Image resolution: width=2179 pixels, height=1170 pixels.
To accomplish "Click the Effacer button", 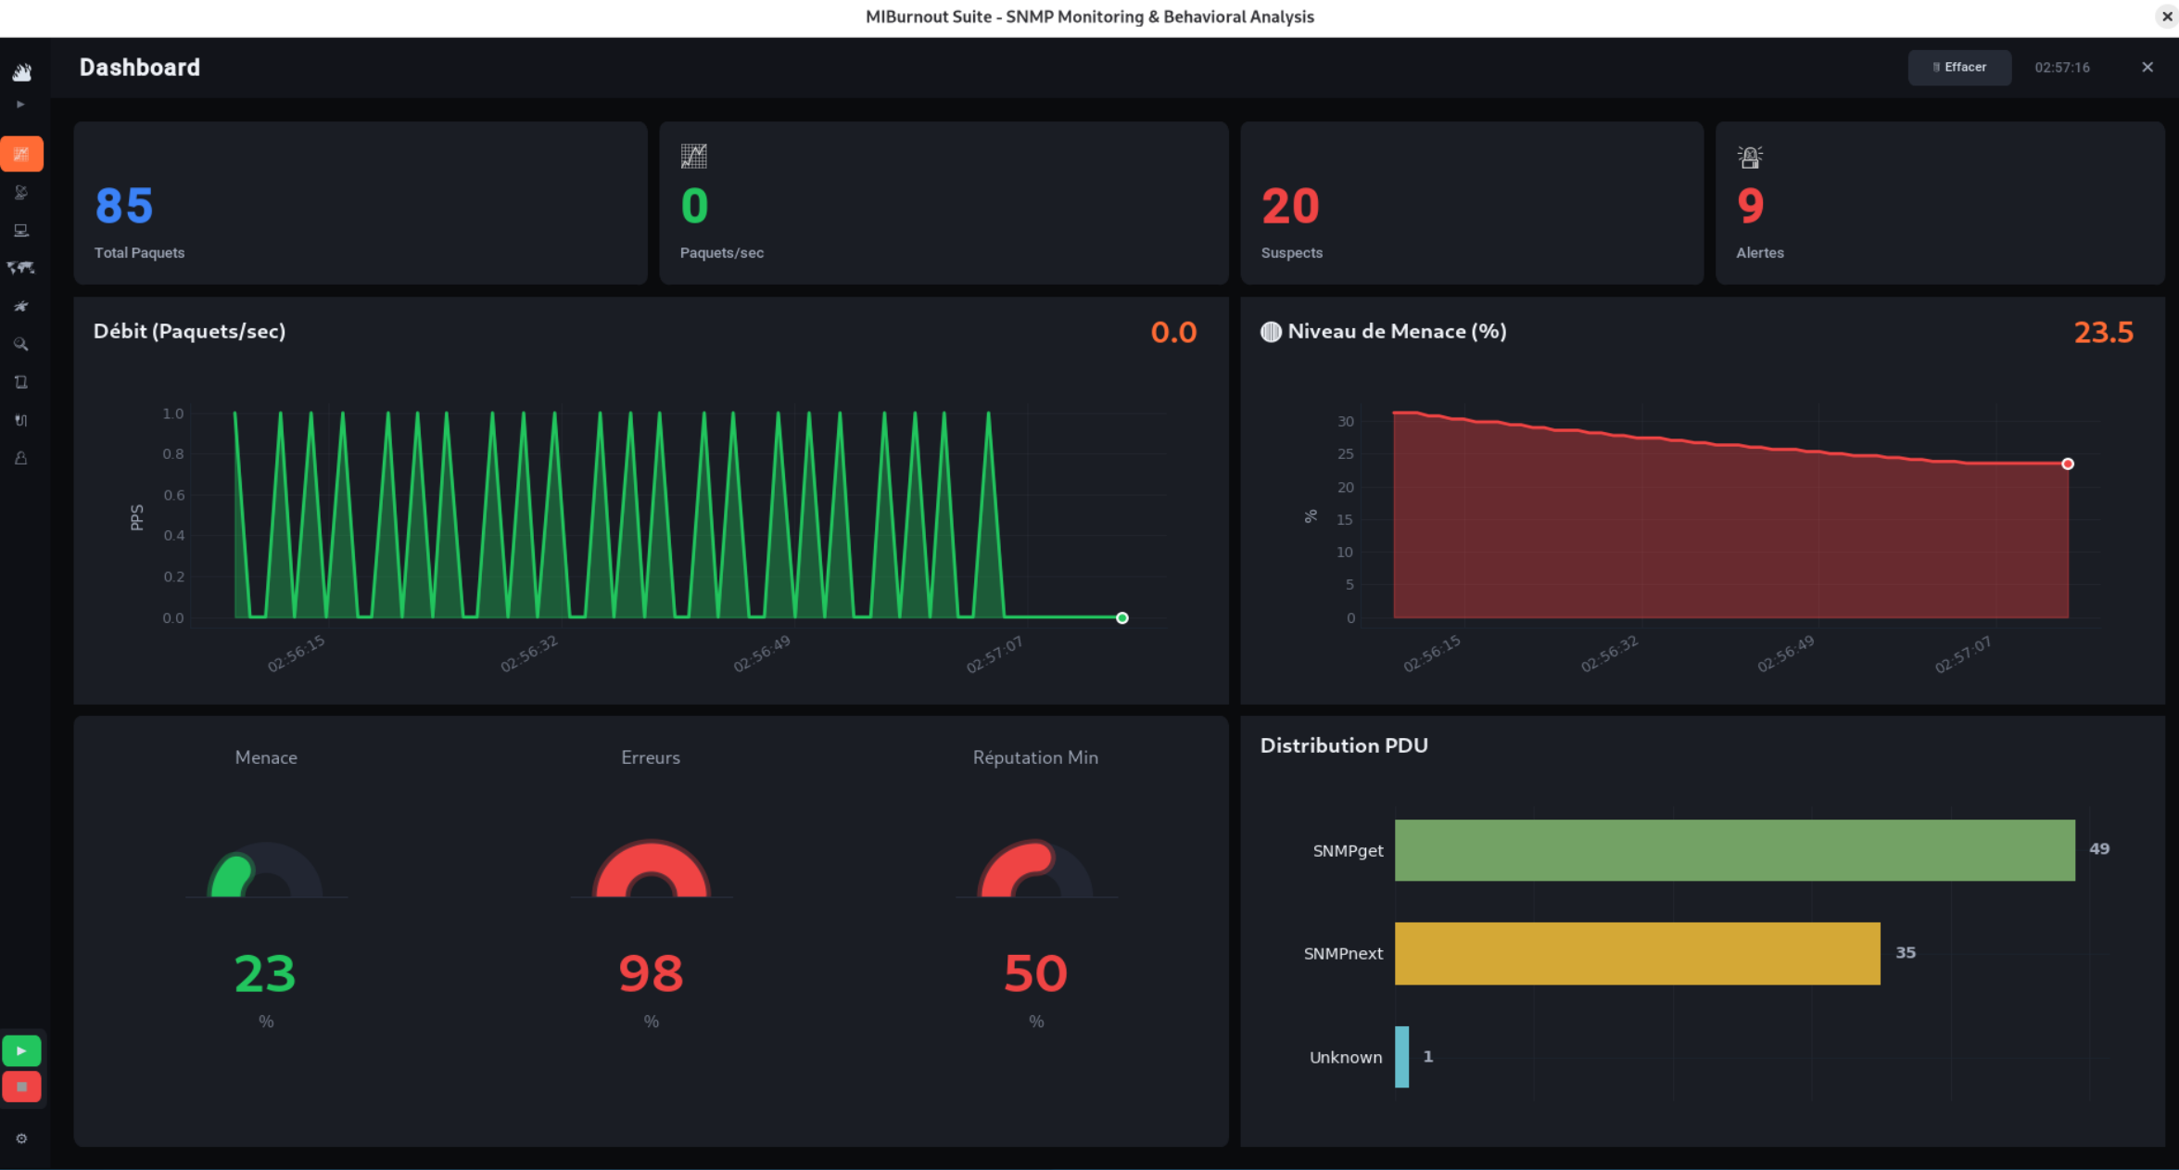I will coord(1958,67).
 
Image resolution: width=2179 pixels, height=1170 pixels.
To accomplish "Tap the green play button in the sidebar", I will coord(21,1050).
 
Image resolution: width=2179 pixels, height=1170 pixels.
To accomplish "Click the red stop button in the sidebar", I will coord(21,1087).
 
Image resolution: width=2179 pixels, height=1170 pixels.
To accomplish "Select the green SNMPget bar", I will coord(1734,850).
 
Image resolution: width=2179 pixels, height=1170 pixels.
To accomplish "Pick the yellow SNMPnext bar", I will coord(1637,953).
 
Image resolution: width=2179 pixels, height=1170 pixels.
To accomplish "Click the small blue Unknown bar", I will coord(1401,1057).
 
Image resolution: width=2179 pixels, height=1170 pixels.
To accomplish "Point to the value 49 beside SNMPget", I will coord(2099,848).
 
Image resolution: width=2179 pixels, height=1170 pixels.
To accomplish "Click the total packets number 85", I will coord(124,206).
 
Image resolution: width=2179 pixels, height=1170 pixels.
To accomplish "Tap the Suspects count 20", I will coord(1289,206).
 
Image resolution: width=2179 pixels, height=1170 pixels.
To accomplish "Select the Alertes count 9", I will coord(1750,206).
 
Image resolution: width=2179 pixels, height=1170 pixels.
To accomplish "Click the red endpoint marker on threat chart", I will coord(2068,464).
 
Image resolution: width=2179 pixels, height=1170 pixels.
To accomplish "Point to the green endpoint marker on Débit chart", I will coord(1121,617).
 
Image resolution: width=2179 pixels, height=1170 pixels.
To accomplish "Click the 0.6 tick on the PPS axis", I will coord(173,495).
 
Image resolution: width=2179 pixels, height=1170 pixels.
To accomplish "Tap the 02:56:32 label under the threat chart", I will coord(1609,654).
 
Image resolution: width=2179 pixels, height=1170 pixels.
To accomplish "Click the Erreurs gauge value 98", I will coord(651,973).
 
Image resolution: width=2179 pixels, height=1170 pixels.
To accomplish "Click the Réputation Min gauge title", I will coord(1035,757).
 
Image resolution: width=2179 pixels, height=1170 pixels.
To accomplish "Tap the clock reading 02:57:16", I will coord(2062,67).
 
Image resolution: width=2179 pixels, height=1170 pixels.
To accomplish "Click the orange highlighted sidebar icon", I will coord(21,154).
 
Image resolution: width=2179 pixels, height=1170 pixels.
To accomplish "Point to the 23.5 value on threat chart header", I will coord(2103,332).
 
